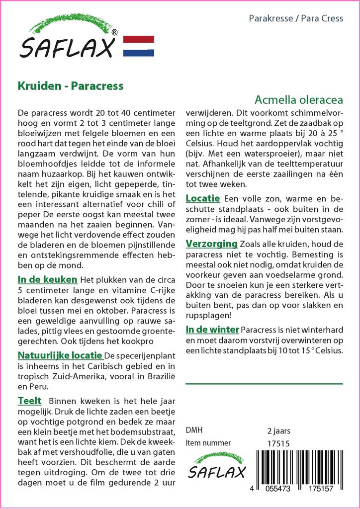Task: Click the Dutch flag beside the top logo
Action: point(138,46)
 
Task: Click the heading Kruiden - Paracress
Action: point(71,85)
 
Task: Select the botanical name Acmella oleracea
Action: point(298,99)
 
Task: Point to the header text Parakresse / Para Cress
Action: point(295,18)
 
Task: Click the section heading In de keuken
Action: point(47,279)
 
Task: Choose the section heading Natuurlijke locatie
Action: point(60,355)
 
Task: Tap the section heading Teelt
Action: point(29,401)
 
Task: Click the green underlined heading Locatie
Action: point(202,198)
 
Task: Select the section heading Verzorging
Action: point(211,244)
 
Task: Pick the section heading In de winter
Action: point(212,329)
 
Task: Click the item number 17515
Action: point(278,443)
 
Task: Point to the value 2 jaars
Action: point(278,430)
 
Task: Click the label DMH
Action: point(194,430)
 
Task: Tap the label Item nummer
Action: point(208,443)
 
